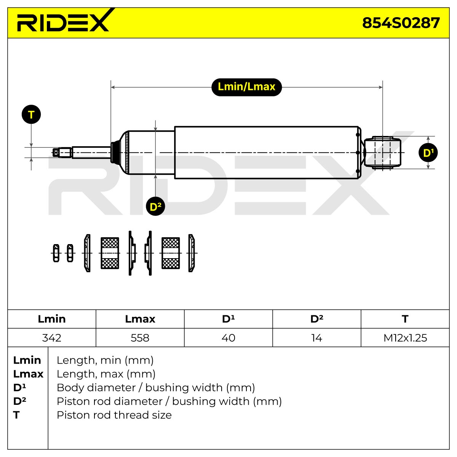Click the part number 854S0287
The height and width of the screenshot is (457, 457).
(x=401, y=23)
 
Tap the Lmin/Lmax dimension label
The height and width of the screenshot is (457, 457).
(x=246, y=87)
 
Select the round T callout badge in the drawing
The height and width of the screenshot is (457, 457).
(x=31, y=114)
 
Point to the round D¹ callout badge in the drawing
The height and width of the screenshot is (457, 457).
(x=428, y=152)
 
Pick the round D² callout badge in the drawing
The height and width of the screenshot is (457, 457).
(x=155, y=206)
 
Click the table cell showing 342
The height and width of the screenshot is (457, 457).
(x=52, y=338)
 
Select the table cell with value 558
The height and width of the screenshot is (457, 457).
(x=140, y=338)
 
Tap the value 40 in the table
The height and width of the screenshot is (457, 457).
(x=228, y=338)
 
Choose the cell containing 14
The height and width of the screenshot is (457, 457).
(x=316, y=338)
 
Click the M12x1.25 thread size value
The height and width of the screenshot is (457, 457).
(x=405, y=338)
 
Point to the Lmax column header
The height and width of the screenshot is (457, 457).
(x=140, y=319)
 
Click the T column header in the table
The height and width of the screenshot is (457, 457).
(x=405, y=319)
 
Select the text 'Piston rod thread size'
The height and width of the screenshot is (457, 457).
(x=114, y=415)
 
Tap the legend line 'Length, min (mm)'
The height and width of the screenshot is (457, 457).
(x=105, y=360)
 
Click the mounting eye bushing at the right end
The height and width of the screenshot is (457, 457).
(x=382, y=153)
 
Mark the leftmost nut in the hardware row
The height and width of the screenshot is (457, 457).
(x=56, y=253)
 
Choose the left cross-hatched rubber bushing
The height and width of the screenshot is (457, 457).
(x=110, y=253)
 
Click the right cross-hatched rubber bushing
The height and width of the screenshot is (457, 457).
(x=171, y=253)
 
